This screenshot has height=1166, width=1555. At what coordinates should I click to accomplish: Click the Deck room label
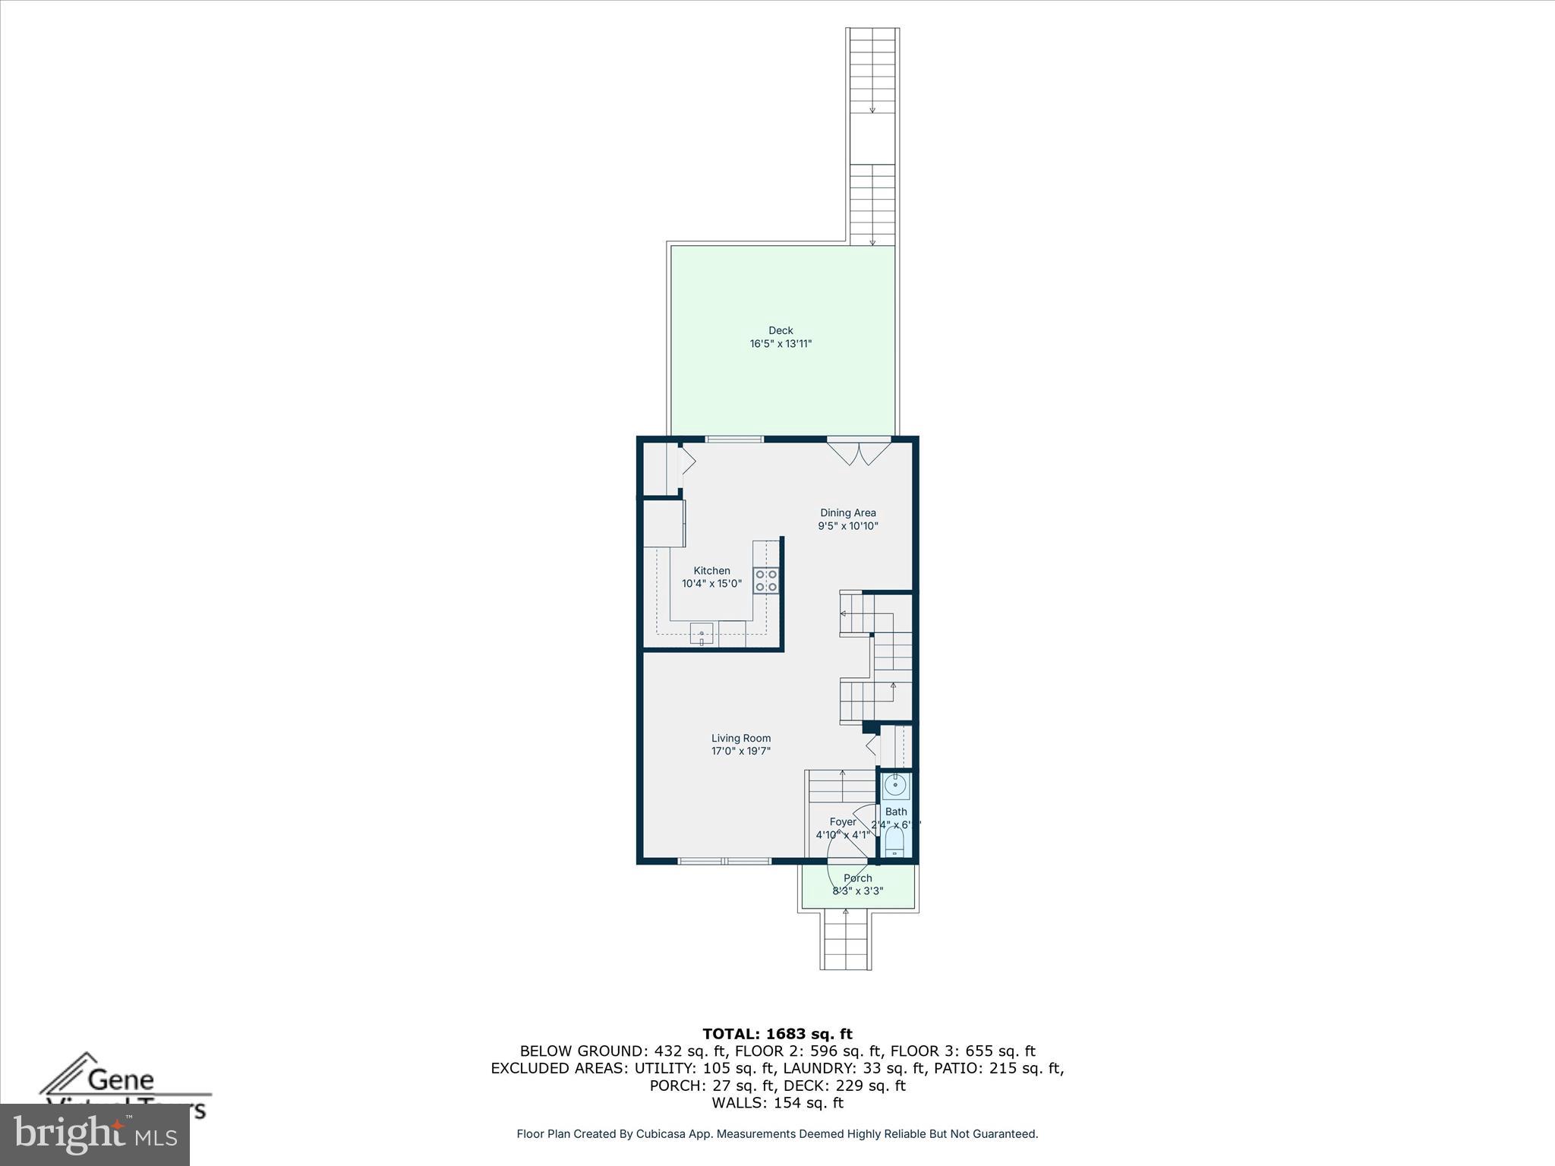[x=781, y=330]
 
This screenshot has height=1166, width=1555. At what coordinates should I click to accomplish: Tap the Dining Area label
[x=847, y=512]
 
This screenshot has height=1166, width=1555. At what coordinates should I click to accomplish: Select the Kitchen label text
[x=711, y=571]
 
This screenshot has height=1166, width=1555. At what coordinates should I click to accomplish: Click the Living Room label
[x=741, y=738]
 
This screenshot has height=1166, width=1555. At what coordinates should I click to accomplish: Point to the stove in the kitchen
[x=765, y=581]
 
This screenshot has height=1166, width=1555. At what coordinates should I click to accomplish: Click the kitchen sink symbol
[x=702, y=634]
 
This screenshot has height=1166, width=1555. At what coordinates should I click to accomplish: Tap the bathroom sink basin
[x=895, y=785]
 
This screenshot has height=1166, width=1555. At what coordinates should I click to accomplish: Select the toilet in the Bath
[x=895, y=841]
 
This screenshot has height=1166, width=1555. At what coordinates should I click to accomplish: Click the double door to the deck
[x=859, y=451]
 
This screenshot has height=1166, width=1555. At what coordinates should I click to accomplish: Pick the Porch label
[x=858, y=878]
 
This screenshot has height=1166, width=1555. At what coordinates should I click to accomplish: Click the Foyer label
[x=843, y=822]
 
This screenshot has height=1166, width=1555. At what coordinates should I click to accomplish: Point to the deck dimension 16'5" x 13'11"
[x=781, y=344]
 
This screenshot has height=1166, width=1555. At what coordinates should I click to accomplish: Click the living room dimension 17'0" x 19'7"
[x=741, y=752]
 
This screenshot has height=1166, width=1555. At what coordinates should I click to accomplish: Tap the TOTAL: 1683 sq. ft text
[x=777, y=1034]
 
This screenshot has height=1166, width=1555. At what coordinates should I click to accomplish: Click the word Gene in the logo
[x=121, y=1079]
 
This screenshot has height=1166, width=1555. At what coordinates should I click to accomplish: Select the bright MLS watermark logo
[x=95, y=1135]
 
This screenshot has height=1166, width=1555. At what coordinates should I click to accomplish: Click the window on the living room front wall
[x=724, y=861]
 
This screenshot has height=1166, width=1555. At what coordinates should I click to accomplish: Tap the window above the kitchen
[x=734, y=439]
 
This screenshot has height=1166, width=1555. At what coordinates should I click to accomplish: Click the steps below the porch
[x=845, y=941]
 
